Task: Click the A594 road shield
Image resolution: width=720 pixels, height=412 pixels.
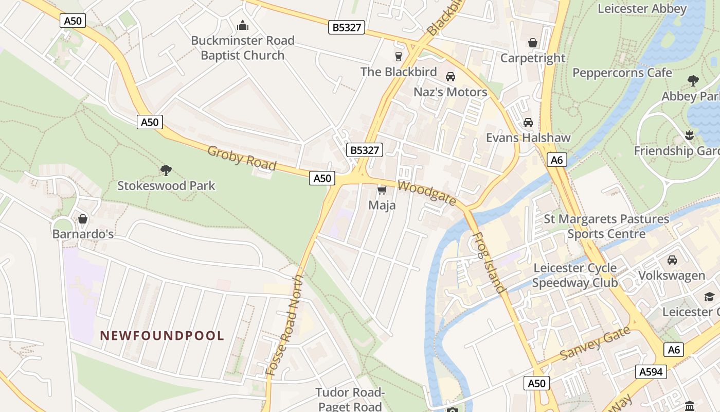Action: [651, 372]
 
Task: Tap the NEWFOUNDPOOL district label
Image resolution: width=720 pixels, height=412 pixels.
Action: [162, 336]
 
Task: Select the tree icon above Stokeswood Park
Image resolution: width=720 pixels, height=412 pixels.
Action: [166, 170]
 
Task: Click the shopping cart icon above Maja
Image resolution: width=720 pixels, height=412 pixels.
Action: [382, 191]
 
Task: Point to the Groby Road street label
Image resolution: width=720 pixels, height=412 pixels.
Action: [242, 158]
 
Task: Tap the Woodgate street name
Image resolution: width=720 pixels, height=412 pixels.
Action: [426, 193]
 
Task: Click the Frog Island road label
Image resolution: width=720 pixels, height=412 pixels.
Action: [488, 263]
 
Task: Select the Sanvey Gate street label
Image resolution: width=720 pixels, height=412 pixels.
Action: [595, 344]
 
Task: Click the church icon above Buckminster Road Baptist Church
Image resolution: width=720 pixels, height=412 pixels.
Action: [242, 25]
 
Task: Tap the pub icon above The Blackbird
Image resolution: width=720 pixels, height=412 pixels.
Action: [398, 56]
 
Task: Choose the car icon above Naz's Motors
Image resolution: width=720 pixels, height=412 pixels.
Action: [451, 77]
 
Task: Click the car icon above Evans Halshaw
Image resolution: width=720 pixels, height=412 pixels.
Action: [528, 123]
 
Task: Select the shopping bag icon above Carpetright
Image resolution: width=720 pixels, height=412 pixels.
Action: [533, 43]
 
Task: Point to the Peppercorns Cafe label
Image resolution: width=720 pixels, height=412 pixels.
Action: [622, 73]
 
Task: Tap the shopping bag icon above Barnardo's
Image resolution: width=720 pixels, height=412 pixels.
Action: [83, 219]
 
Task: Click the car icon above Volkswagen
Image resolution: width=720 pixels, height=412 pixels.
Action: [672, 260]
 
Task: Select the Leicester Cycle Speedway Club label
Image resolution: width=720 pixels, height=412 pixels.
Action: [574, 276]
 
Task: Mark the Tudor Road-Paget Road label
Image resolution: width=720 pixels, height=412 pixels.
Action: [350, 399]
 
